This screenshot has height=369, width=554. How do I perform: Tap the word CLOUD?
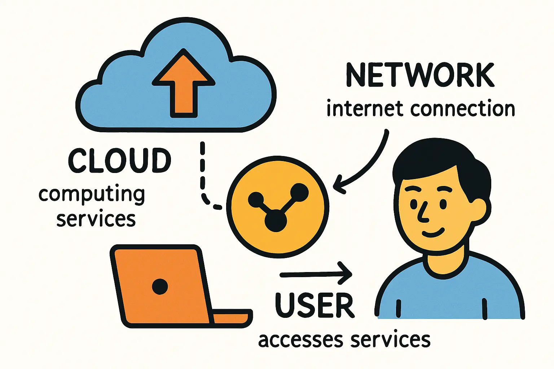pyautogui.click(x=119, y=160)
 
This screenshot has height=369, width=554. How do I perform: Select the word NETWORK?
pyautogui.click(x=420, y=75)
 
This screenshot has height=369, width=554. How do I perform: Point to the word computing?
pyautogui.click(x=92, y=195)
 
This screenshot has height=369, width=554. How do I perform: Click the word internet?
pyautogui.click(x=365, y=109)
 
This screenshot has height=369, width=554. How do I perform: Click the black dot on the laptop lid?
pyautogui.click(x=160, y=287)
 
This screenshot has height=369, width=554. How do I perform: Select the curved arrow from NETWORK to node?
pyautogui.click(x=371, y=162)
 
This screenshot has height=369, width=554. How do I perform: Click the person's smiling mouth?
pyautogui.click(x=433, y=232)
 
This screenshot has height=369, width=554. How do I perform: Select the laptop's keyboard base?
pyautogui.click(x=231, y=317)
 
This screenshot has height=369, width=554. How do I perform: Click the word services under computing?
pyautogui.click(x=96, y=219)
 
